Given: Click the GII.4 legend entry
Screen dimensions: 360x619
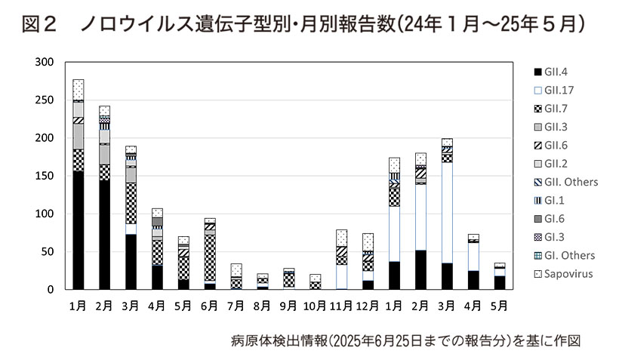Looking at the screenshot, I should (x=555, y=72).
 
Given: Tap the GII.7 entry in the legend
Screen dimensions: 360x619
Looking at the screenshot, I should (x=555, y=109).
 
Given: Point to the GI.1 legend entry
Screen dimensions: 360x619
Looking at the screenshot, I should (x=555, y=200).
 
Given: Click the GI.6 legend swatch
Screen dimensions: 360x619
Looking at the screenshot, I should (x=537, y=219).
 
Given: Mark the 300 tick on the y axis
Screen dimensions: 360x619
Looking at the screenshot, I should (x=44, y=63).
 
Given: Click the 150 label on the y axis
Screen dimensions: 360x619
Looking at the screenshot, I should (x=44, y=176).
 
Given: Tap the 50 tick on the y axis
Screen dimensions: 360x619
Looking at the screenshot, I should (x=47, y=251).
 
